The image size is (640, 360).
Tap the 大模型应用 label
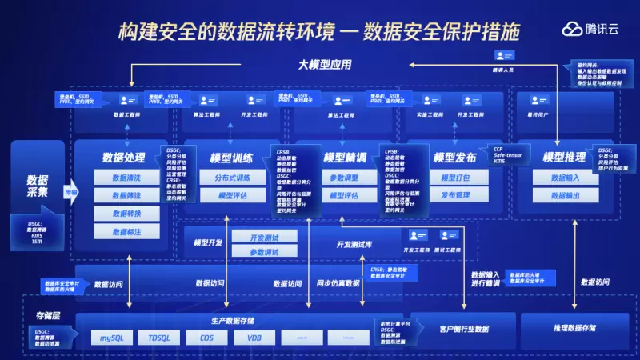point(325,65)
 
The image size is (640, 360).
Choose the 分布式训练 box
point(232,178)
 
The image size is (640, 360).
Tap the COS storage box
point(206,338)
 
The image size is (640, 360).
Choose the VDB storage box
point(254,338)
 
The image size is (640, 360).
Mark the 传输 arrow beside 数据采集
point(70,193)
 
